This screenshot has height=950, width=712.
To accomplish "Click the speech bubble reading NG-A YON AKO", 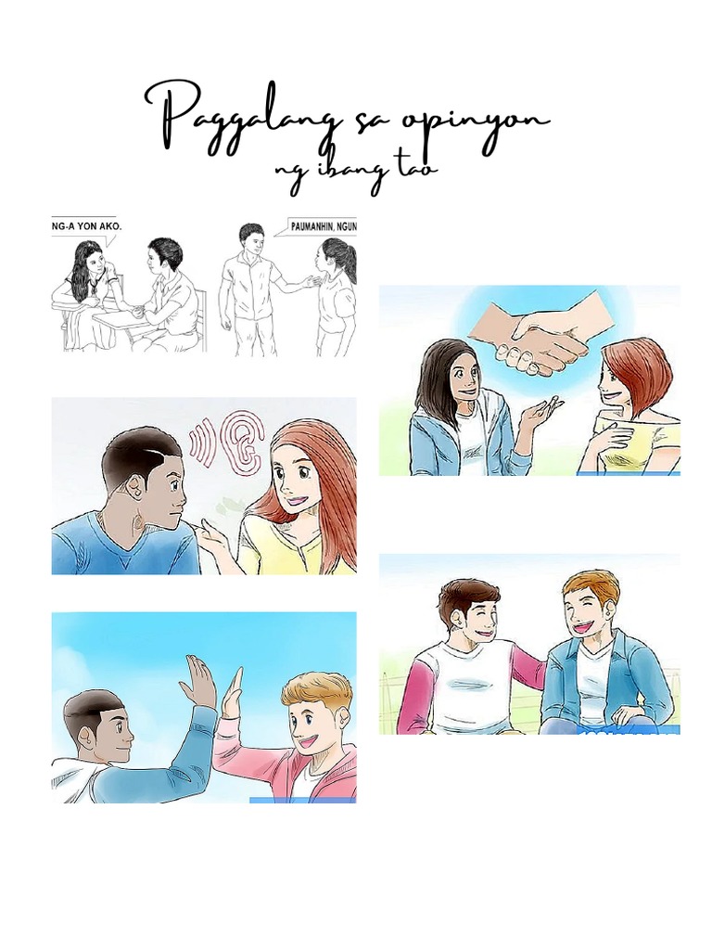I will click(x=85, y=225).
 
